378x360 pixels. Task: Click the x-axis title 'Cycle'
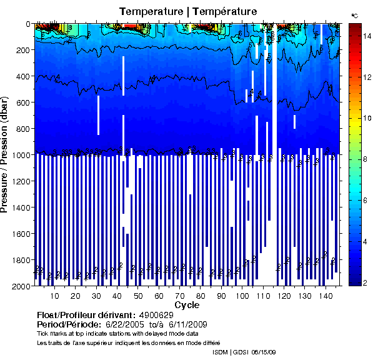pyautogui.click(x=187, y=305)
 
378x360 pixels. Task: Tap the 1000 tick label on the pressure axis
pyautogui.click(x=21, y=155)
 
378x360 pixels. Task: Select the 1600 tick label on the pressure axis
pyautogui.click(x=21, y=234)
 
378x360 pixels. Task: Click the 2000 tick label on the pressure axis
pyautogui.click(x=21, y=286)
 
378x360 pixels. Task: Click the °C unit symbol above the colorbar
pyautogui.click(x=354, y=14)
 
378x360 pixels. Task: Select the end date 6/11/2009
pyautogui.click(x=185, y=325)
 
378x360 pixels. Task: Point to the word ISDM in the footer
pyautogui.click(x=220, y=352)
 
